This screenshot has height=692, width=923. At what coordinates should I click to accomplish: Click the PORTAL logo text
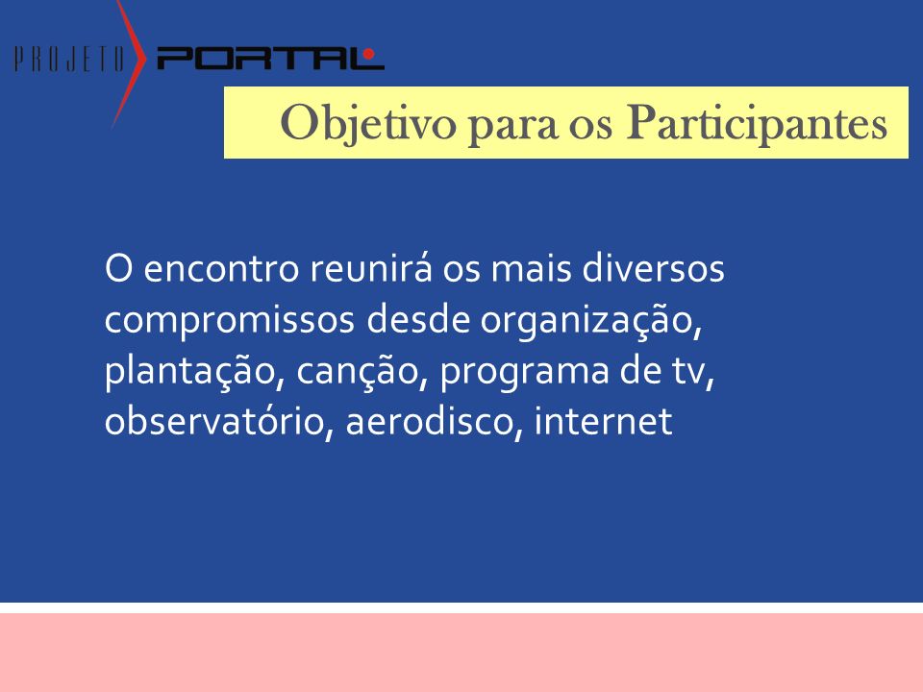point(271,59)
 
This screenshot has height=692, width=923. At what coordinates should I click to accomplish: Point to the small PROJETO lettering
point(69,60)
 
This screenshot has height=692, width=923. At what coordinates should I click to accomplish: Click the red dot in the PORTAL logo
point(368,54)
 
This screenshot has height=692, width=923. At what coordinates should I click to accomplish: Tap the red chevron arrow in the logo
point(129,63)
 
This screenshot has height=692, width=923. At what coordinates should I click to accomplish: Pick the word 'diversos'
point(653,268)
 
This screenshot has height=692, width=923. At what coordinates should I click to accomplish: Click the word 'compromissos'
point(230,322)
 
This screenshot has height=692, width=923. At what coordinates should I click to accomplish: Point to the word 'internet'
point(604,421)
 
